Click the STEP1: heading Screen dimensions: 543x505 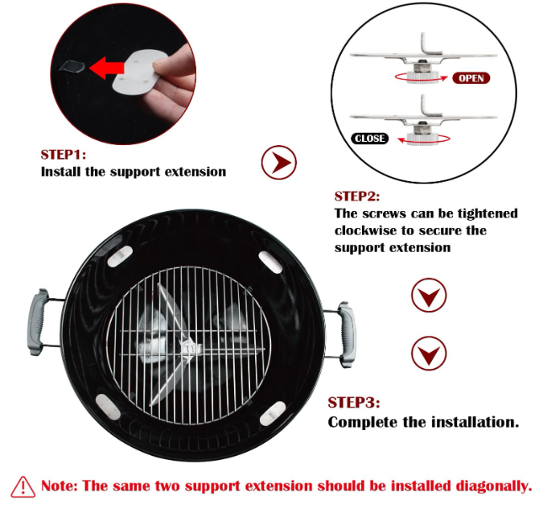[64, 155]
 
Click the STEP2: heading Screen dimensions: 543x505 [357, 197]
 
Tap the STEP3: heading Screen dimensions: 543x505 [354, 403]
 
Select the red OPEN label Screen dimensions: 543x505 [471, 78]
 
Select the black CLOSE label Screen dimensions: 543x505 [370, 139]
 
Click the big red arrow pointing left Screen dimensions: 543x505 [107, 68]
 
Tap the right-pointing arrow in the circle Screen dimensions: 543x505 [279, 162]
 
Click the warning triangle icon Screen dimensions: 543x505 [23, 486]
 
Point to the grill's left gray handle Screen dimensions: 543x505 [38, 322]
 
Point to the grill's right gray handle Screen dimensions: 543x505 [347, 335]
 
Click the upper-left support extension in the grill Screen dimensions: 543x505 [120, 256]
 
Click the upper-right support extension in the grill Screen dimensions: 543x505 [270, 262]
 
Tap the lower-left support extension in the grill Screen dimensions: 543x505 [108, 407]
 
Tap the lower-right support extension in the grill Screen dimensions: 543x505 [273, 413]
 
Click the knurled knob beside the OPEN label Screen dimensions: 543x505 [422, 77]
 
